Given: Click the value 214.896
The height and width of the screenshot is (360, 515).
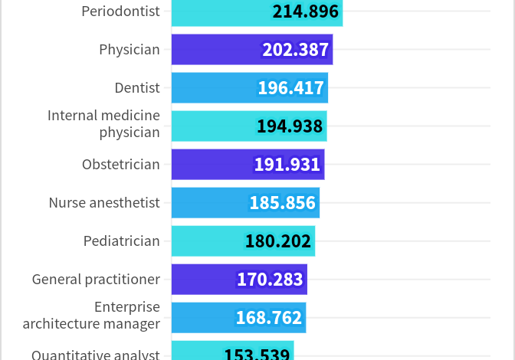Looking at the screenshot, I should [x=305, y=11].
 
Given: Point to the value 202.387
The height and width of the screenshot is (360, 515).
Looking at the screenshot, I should [x=296, y=50].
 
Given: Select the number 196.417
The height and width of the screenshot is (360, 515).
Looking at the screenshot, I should [x=290, y=88].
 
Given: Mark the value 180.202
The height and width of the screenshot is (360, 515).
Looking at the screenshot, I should [x=278, y=241].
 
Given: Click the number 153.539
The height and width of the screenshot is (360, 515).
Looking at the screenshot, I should [x=257, y=354].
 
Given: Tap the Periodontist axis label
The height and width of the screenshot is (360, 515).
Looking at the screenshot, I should [x=120, y=11].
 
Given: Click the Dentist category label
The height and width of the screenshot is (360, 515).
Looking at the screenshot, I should [x=137, y=88].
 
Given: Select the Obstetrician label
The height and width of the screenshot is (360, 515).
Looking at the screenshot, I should [x=121, y=165].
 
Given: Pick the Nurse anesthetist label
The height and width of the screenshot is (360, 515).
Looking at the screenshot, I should [x=104, y=203].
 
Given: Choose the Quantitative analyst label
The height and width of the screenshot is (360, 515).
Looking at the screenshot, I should [x=96, y=355].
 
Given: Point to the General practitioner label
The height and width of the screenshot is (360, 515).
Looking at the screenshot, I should [x=96, y=280].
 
